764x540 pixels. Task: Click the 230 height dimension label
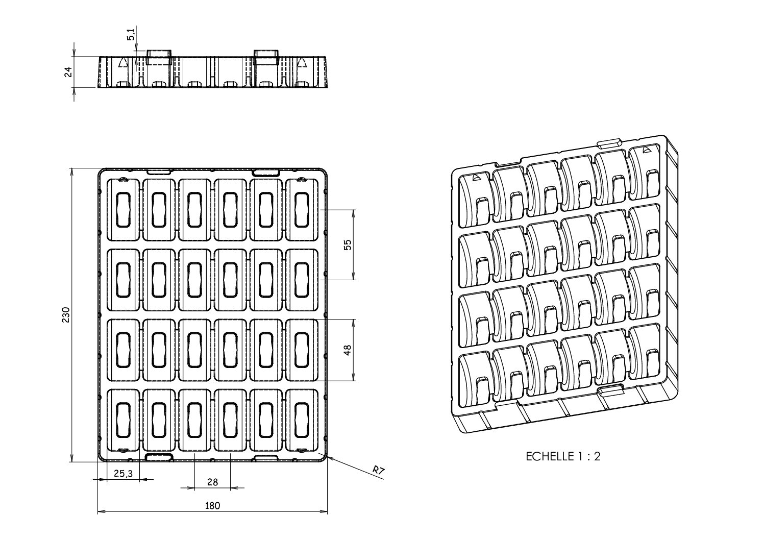pos(65,315)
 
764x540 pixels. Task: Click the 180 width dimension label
pos(212,506)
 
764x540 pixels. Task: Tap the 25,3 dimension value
pos(122,474)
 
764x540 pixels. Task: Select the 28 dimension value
pos(212,482)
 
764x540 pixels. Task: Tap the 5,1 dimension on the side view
pos(131,35)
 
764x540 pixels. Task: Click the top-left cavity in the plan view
pos(123,209)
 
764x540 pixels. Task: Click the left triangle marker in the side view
pos(122,62)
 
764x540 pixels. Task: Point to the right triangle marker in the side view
pos(302,62)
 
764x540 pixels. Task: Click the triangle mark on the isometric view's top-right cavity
pos(647,150)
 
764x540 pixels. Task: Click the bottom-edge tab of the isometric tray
pos(611,390)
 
